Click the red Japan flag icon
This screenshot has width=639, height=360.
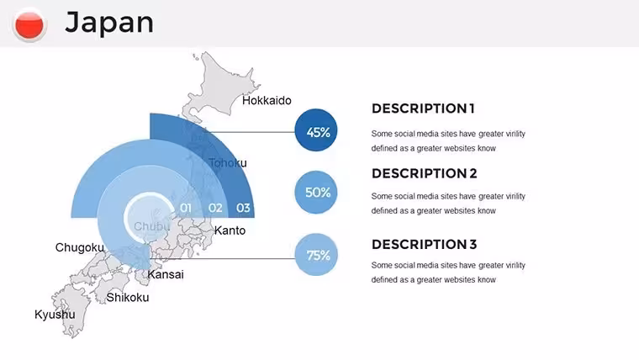29,24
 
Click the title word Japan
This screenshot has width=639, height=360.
109,23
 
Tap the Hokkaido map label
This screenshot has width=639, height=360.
267,100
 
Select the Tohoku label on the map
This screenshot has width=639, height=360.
228,162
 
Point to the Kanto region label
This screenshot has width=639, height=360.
230,230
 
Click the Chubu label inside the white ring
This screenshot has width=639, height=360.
151,226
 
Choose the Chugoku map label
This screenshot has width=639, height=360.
80,247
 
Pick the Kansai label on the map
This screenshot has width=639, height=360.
166,274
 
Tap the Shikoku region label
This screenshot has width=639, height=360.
128,297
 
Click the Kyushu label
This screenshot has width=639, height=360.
55,315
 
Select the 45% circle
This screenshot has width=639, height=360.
316,130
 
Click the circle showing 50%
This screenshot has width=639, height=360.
316,193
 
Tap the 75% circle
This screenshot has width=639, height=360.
316,255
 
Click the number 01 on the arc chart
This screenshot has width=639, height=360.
186,208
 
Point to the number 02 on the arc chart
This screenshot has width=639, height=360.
215,208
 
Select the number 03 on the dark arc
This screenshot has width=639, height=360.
243,208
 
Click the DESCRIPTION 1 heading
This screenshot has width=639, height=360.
423,109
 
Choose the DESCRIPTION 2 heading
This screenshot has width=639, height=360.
425,173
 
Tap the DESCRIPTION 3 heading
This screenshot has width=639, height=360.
425,245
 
